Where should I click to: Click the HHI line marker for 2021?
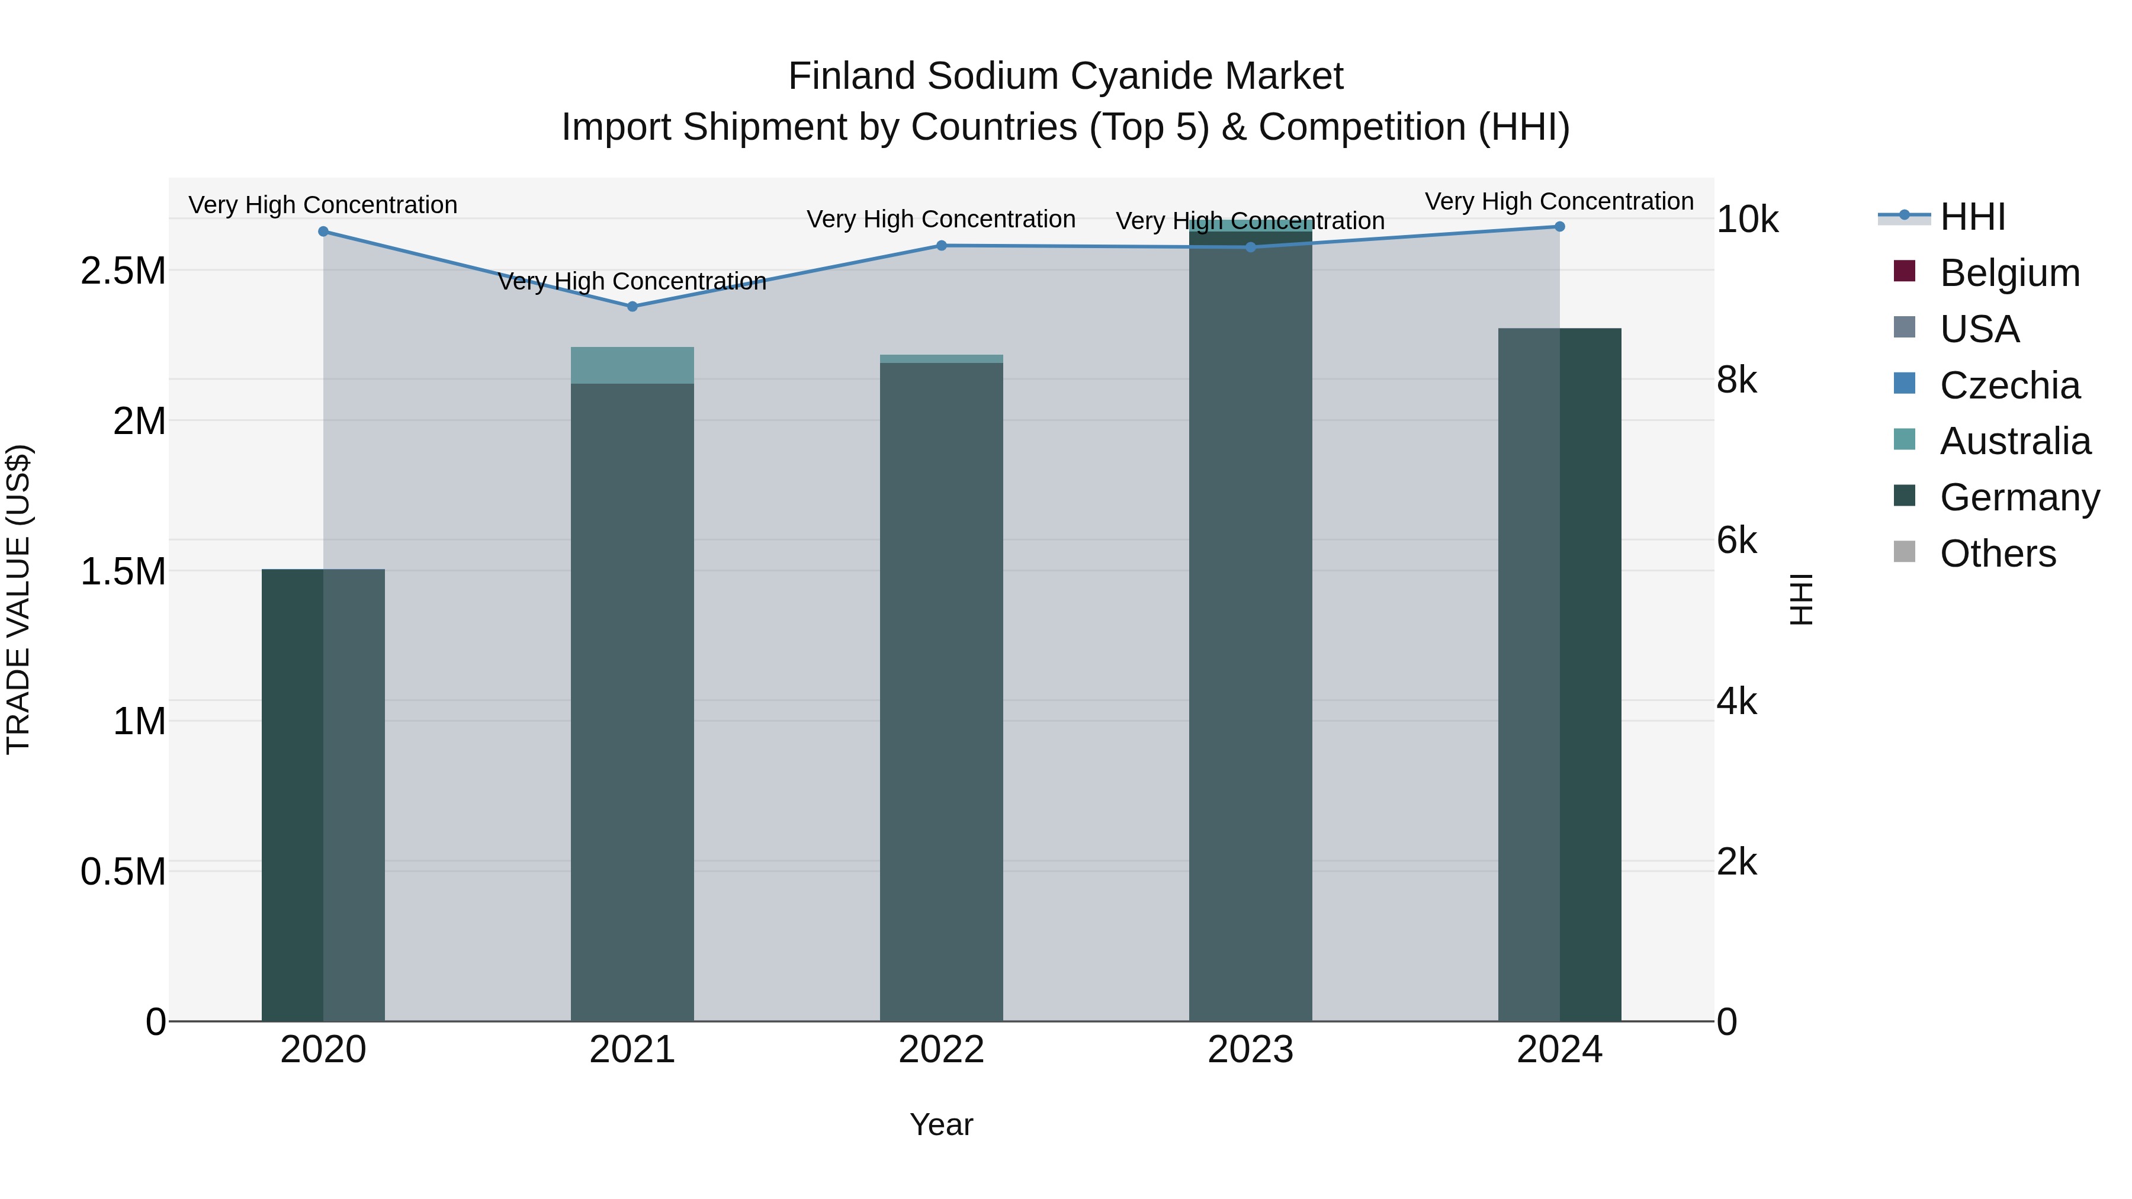click(632, 306)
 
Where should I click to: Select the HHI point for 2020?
click(323, 232)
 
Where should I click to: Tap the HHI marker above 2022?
click(941, 246)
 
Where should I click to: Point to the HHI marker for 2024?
click(1559, 227)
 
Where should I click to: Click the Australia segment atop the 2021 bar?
click(632, 365)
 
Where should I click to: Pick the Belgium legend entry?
click(2009, 273)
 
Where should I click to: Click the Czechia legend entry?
click(2009, 385)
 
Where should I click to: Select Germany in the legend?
click(2019, 497)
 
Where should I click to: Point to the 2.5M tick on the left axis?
click(123, 271)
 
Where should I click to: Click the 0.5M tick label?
click(123, 872)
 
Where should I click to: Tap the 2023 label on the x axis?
click(1250, 1050)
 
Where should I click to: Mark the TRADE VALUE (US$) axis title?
click(18, 599)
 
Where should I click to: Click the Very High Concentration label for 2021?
click(632, 281)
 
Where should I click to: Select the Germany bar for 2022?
click(941, 692)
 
